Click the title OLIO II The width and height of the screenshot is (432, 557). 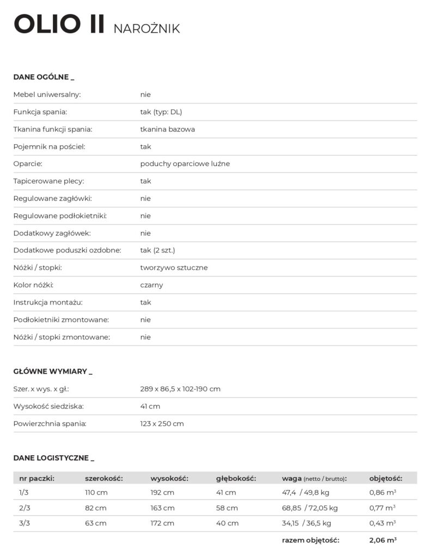(59, 26)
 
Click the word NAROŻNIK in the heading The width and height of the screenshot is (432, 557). (147, 29)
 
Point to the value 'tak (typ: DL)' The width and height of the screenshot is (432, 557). (161, 112)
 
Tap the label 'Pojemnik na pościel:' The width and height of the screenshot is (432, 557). (49, 146)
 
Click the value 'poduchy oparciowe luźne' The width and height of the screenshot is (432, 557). (185, 164)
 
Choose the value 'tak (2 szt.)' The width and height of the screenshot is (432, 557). (157, 250)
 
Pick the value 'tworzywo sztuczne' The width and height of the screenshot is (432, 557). (174, 268)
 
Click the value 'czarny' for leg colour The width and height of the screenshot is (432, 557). (151, 285)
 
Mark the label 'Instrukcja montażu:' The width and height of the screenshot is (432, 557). (48, 302)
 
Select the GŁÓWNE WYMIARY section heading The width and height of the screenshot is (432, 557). (53, 372)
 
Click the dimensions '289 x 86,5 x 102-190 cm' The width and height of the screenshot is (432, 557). (180, 389)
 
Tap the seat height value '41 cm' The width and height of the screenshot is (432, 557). (150, 406)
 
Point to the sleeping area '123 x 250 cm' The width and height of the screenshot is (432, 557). (162, 424)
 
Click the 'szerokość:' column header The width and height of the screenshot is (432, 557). (104, 479)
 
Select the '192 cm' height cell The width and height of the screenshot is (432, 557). (162, 493)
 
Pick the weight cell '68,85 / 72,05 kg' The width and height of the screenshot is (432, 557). (309, 508)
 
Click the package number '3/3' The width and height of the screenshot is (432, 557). (24, 523)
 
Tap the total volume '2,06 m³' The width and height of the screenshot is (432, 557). (382, 540)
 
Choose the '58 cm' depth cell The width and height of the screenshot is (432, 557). (227, 508)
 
